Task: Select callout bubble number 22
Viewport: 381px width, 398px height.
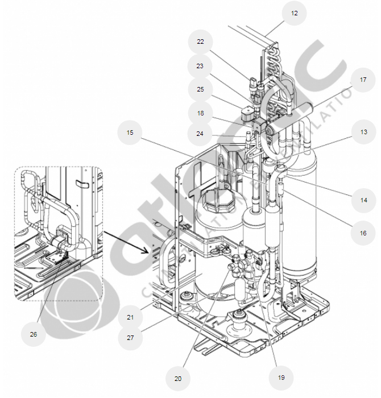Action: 200,42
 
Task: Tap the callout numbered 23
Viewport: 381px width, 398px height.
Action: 200,66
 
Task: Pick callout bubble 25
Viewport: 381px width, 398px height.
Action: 200,90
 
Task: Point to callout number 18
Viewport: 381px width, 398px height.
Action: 200,113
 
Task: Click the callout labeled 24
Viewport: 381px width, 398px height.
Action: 200,135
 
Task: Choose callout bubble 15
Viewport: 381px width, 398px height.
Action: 130,132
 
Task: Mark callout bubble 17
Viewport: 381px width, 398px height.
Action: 362,80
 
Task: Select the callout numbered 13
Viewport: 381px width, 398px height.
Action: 363,132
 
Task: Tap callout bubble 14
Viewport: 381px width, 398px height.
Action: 363,200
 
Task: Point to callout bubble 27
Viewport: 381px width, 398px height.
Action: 130,338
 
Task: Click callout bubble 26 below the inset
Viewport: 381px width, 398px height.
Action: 33,334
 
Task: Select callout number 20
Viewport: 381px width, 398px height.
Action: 177,378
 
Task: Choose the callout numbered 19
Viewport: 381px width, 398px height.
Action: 281,377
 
